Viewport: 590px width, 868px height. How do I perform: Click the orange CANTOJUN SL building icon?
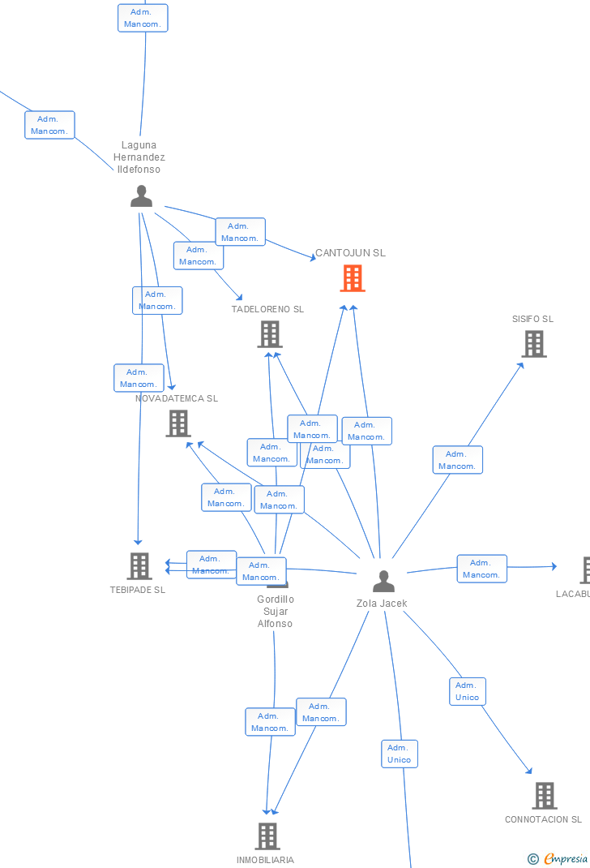click(352, 278)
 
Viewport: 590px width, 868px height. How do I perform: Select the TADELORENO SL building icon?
click(270, 333)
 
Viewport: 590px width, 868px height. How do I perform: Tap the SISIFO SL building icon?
click(533, 343)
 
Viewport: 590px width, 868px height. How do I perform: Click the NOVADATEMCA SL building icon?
click(178, 423)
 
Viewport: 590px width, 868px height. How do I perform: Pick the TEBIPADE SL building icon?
click(139, 565)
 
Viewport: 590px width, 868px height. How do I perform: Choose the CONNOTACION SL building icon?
click(544, 795)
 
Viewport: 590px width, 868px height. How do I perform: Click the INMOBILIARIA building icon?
click(267, 836)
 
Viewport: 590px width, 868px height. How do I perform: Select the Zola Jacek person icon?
click(383, 581)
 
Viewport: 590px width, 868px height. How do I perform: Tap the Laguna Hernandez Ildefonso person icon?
click(141, 196)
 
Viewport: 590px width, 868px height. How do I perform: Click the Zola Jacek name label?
click(382, 604)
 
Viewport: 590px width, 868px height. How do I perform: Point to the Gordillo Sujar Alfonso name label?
click(276, 612)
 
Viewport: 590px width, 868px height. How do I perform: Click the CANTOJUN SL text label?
click(350, 253)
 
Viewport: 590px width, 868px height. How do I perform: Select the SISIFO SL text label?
click(532, 319)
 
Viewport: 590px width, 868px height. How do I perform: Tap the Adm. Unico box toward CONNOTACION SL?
click(468, 691)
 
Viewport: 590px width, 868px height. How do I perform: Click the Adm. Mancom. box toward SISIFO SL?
click(457, 460)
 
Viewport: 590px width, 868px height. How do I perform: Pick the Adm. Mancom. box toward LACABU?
click(481, 569)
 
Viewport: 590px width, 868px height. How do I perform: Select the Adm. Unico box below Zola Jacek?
click(400, 754)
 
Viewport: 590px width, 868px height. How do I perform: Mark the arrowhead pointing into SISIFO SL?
click(521, 364)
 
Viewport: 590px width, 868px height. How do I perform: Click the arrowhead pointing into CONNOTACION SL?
click(530, 771)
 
